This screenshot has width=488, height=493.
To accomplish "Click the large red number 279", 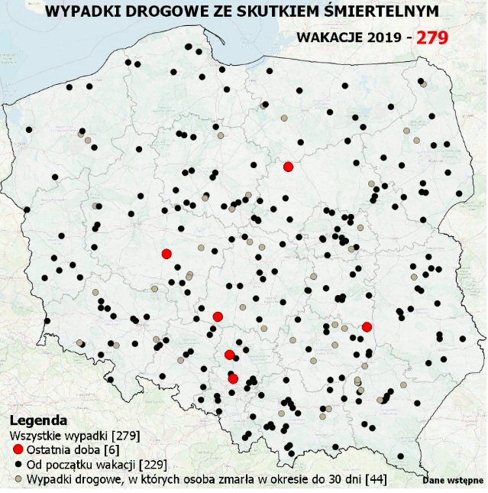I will click(431, 37).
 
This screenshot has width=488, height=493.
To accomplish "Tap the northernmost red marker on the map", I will click(288, 167).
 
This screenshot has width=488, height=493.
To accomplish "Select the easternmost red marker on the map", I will click(367, 327).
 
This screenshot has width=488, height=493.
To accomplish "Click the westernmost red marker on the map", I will click(166, 254).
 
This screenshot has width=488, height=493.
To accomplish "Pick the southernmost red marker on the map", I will click(233, 378).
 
